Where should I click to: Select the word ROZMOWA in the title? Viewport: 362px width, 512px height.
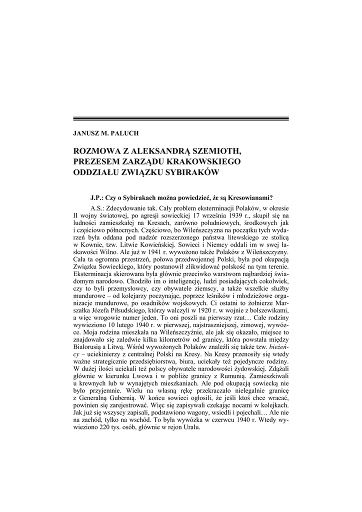pyautogui.click(x=95, y=151)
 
